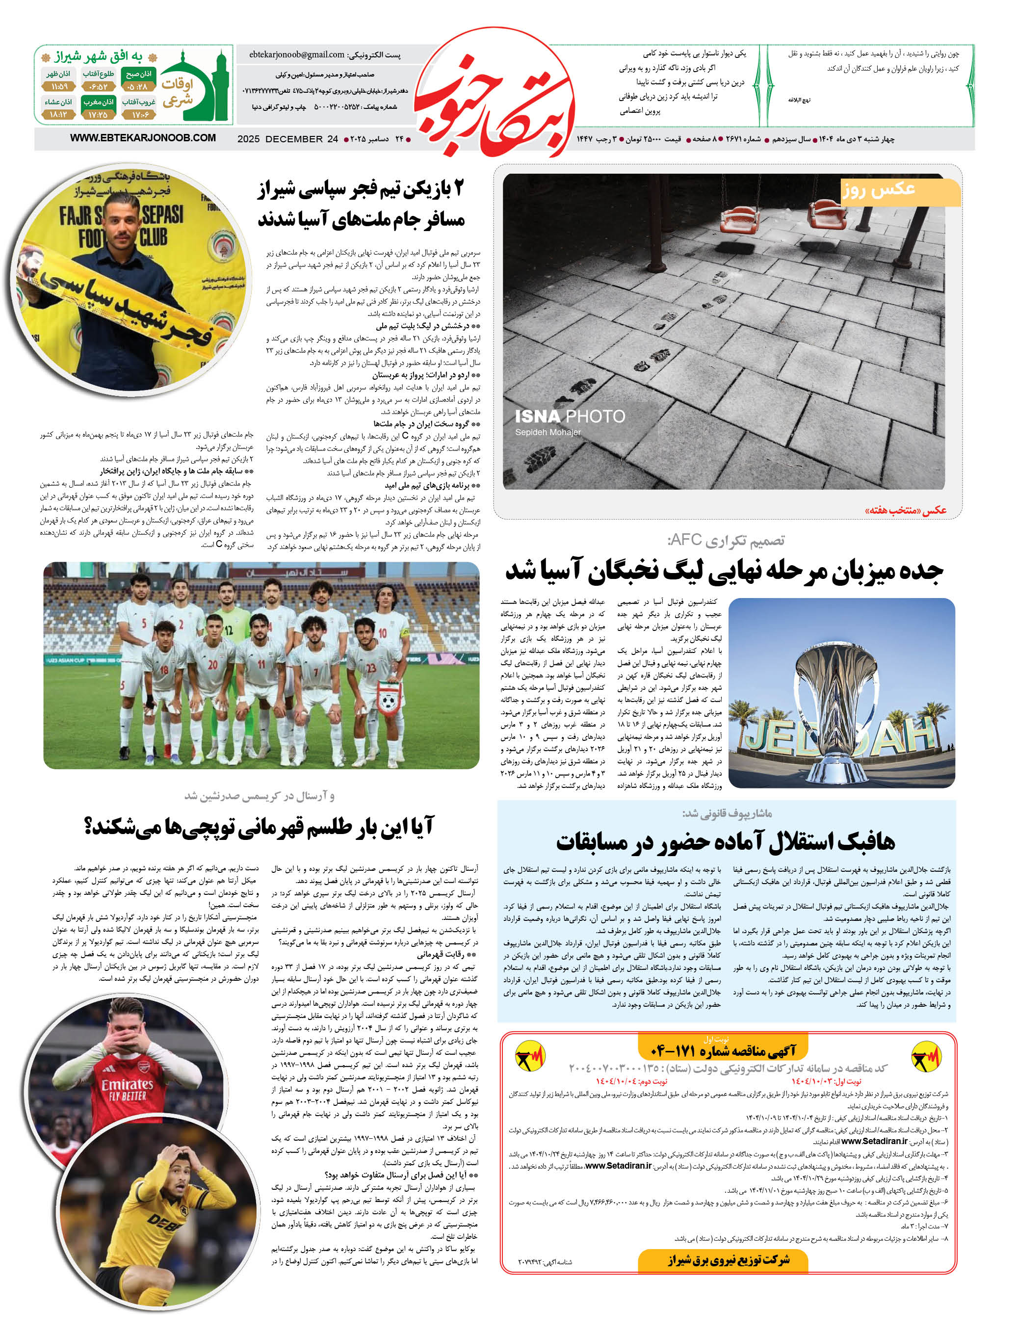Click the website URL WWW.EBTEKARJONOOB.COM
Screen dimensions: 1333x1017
point(143,138)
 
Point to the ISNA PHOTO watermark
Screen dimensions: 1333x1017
point(570,417)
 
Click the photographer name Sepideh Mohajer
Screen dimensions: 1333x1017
point(548,432)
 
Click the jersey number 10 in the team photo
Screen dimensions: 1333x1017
point(383,633)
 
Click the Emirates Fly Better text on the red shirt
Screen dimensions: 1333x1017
point(127,1090)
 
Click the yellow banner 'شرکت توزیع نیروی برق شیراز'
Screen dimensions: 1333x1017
point(729,1260)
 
